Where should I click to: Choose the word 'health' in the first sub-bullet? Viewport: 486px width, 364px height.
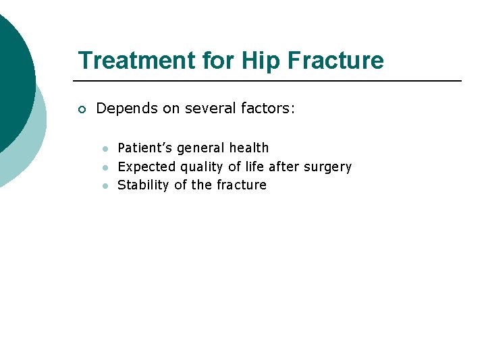point(249,148)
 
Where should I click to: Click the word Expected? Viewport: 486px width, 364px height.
point(146,166)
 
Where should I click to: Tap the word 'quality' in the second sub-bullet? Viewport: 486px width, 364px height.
point(201,167)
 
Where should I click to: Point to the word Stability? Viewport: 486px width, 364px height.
point(144,185)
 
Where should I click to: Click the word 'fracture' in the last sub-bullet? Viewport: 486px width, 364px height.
point(242,185)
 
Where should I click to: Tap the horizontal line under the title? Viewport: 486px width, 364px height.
point(270,81)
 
